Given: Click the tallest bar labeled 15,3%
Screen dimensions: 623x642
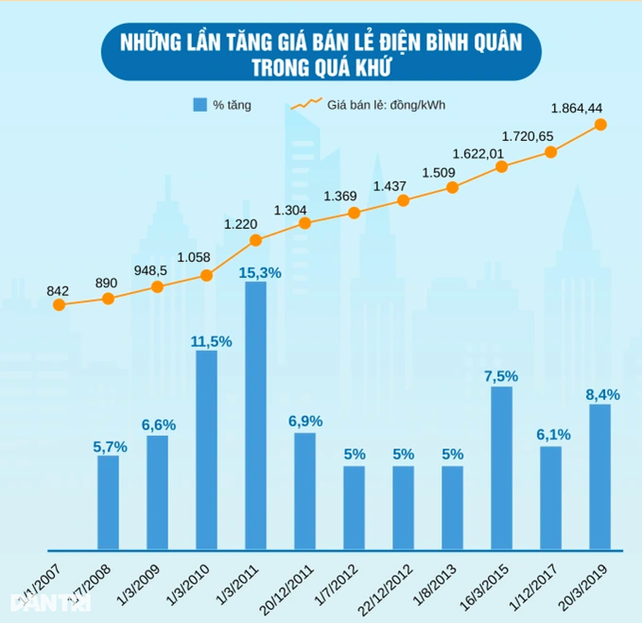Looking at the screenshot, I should (x=256, y=415).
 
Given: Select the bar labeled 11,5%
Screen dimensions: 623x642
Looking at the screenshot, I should (x=206, y=449).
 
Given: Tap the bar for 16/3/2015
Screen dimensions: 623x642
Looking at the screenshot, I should (x=502, y=468).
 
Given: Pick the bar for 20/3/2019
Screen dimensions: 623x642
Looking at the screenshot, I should (x=600, y=476).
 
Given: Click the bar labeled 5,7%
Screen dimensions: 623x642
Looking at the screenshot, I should (x=108, y=502).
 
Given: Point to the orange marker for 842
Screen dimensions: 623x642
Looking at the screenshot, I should (x=59, y=305).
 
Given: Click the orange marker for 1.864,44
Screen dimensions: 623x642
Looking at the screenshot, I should (x=600, y=125).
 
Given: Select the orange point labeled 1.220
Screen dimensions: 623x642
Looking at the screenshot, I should (x=256, y=240).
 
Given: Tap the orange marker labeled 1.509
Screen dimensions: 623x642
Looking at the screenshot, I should (x=452, y=188).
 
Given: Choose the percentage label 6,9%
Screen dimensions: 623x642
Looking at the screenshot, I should (x=305, y=420).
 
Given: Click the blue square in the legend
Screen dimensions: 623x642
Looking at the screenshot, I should (x=200, y=105).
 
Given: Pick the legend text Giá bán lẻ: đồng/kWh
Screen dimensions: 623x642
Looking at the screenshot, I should (x=386, y=104).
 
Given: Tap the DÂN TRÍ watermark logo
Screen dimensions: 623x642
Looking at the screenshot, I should (x=50, y=600).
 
